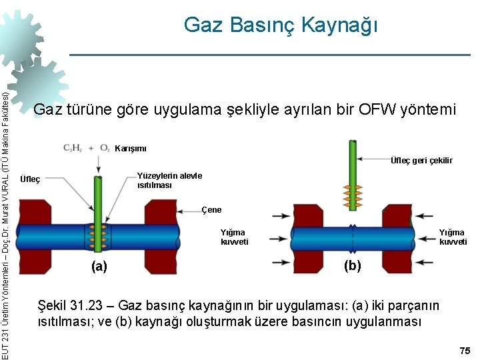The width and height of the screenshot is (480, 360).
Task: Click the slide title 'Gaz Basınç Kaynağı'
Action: [x=281, y=25]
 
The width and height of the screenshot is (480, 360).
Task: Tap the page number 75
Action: [x=465, y=351]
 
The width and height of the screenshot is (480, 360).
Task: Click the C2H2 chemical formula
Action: [x=73, y=147]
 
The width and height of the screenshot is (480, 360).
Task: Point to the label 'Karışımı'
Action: [x=131, y=148]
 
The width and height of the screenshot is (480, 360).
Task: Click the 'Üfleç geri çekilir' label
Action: [x=421, y=160]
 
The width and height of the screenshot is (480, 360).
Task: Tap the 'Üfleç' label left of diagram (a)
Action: [x=30, y=179]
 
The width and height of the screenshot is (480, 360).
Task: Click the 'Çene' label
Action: [x=211, y=210]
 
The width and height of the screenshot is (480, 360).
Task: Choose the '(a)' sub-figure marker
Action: [x=99, y=267]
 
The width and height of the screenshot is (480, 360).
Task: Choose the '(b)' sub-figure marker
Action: [x=352, y=265]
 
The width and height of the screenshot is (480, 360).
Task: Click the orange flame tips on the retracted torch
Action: [x=351, y=193]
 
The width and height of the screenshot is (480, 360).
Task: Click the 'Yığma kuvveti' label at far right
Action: [x=453, y=237]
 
